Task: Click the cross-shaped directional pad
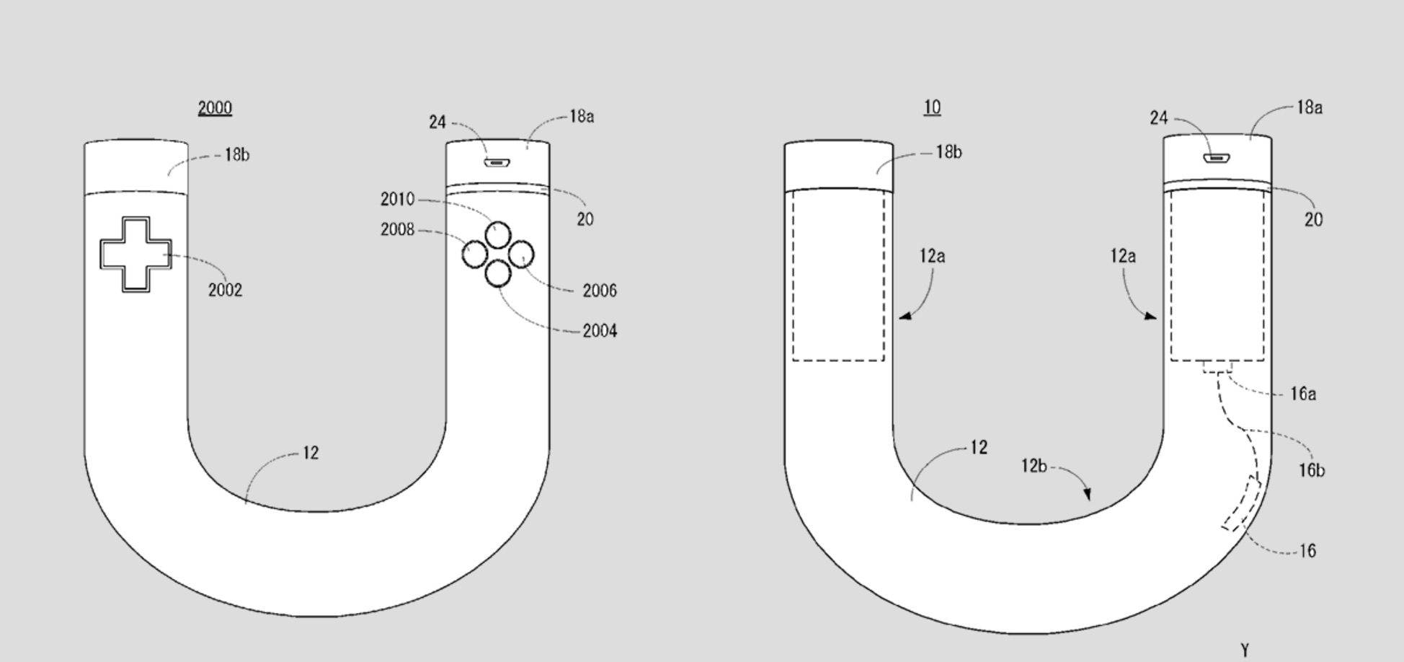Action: [136, 255]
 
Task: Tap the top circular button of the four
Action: [498, 236]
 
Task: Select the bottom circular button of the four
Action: [498, 274]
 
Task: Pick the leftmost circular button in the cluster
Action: [475, 254]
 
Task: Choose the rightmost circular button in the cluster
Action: [521, 255]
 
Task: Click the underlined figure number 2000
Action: [215, 108]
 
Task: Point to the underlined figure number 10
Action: [932, 107]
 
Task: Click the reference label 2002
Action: [225, 290]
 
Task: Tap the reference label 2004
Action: [600, 331]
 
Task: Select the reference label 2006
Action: [600, 291]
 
